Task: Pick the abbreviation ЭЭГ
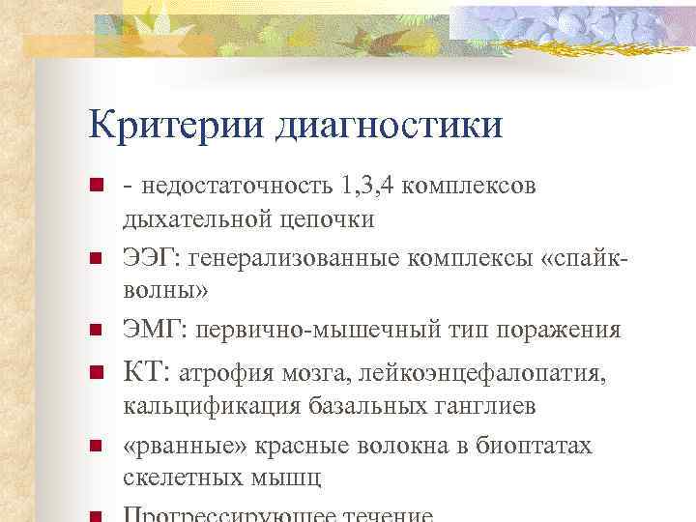151,258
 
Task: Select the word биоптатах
534,446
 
